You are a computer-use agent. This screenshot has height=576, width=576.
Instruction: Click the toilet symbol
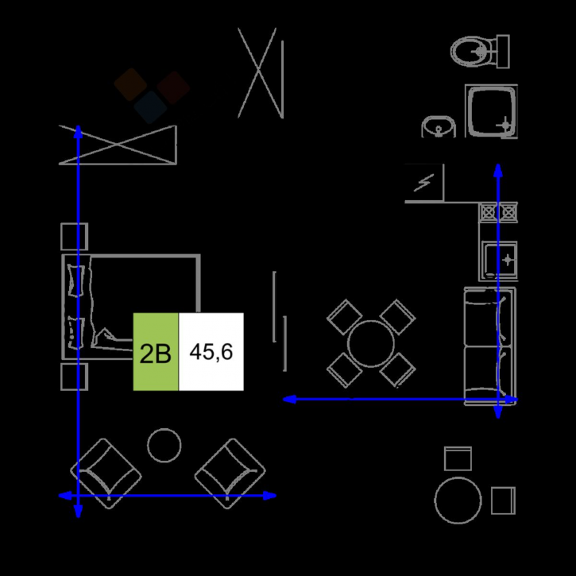point(480,52)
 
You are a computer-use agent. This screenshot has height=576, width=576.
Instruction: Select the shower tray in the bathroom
point(492,111)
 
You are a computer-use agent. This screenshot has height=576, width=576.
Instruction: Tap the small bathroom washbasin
point(439,127)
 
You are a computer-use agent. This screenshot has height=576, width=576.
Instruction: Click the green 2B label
point(156,352)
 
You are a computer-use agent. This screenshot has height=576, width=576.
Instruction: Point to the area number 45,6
point(211,352)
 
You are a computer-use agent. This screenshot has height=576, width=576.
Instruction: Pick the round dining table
point(371,344)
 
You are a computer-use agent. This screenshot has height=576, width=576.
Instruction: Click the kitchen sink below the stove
point(498,261)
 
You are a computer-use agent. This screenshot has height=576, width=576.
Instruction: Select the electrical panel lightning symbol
point(424,183)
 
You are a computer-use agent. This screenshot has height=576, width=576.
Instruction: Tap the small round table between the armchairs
point(164,445)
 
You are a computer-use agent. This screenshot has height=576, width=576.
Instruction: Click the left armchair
point(106,474)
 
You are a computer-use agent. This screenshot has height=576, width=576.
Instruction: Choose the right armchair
point(230,474)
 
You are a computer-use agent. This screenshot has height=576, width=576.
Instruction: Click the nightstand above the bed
point(74,237)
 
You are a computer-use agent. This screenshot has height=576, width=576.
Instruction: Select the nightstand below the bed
point(74,377)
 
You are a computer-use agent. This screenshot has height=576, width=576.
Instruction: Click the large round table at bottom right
point(458,501)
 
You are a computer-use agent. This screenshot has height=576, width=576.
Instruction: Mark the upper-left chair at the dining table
point(345,317)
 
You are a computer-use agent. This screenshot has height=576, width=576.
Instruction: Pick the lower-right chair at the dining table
point(397,370)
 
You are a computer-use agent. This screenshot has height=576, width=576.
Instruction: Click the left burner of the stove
point(489,212)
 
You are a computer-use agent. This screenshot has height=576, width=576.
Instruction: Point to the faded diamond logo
point(152,95)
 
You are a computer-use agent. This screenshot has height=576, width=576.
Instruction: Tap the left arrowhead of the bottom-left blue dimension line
point(64,496)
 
